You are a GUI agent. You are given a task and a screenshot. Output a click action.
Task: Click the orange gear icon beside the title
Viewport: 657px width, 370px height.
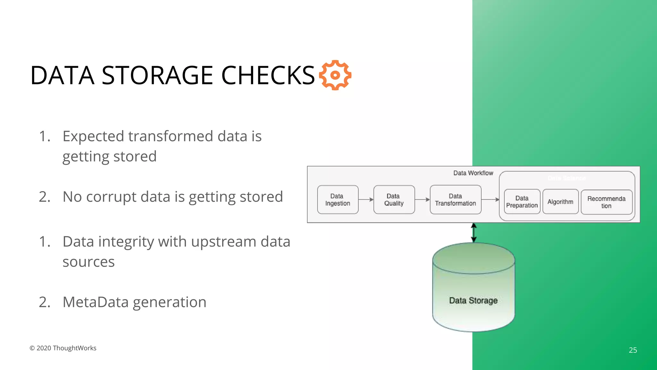pos(335,75)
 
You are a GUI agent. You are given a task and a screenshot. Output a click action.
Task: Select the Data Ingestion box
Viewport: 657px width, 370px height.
pos(337,199)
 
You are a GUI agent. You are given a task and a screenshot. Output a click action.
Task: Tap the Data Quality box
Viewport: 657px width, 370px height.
pos(394,199)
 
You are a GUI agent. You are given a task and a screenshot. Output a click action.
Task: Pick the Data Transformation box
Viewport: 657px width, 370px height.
pos(455,199)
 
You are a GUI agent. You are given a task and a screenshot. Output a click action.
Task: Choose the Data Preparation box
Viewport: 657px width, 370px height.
pos(522,202)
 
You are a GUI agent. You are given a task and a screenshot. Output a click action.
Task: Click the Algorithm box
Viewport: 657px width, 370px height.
pos(560,202)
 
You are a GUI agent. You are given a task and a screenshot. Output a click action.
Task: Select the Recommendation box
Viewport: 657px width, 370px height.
pos(606,202)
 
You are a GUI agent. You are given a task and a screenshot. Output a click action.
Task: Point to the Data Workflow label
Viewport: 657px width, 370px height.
pos(473,173)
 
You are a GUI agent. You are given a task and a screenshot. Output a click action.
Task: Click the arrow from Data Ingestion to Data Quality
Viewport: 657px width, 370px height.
pos(366,199)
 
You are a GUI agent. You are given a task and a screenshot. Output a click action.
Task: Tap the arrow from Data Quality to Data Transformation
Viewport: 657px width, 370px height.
pos(422,199)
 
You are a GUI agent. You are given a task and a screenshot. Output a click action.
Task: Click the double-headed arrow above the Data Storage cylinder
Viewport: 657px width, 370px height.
pos(474,233)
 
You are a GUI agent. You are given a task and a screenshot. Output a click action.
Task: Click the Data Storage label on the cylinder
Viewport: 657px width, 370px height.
pos(473,301)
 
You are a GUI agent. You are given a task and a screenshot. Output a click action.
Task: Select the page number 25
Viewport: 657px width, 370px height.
pos(633,350)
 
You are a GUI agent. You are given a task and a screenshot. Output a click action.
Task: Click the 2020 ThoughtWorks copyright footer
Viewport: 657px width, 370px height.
pos(63,348)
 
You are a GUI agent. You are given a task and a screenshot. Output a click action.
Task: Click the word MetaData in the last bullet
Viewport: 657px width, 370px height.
pos(95,302)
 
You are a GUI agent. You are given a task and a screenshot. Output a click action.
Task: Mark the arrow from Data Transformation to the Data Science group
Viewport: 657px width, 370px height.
pos(490,199)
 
